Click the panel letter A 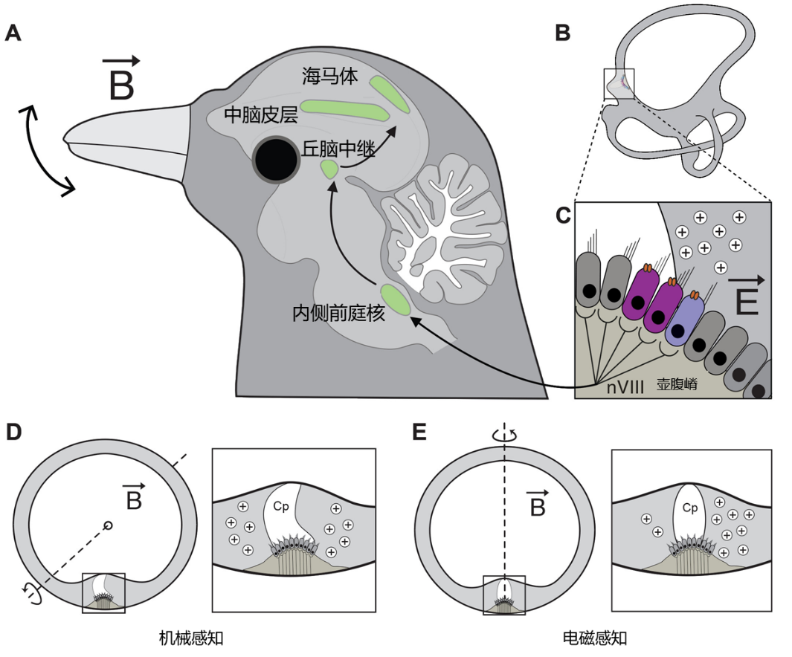click(x=13, y=34)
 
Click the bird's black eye click(x=276, y=158)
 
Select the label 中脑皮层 click(x=260, y=114)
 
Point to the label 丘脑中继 click(x=335, y=147)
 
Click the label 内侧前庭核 click(x=339, y=314)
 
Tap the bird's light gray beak click(x=126, y=141)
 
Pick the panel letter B click(x=563, y=34)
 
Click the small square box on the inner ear click(x=619, y=82)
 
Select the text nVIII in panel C click(x=625, y=386)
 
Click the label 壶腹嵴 click(x=677, y=385)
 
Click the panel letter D click(x=13, y=433)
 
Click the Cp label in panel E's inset click(x=690, y=508)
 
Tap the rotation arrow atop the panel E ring click(x=505, y=436)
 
